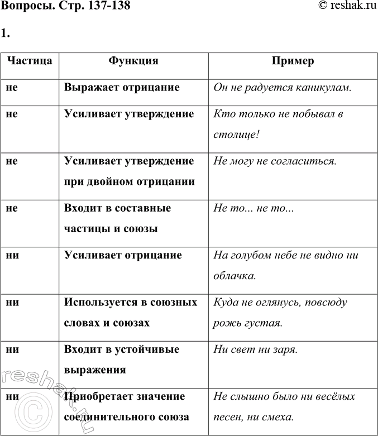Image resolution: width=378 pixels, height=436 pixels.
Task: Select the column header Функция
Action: pyautogui.click(x=133, y=61)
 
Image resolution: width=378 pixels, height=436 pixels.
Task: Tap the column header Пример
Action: pyautogui.click(x=292, y=61)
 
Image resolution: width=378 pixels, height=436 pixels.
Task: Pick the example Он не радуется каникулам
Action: pyautogui.click(x=282, y=88)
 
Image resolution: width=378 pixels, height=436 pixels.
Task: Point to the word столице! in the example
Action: pyautogui.click(x=237, y=135)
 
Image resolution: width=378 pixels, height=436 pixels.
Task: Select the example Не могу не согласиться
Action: pyautogui.click(x=275, y=161)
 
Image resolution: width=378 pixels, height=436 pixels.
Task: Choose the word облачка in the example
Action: pyautogui.click(x=235, y=276)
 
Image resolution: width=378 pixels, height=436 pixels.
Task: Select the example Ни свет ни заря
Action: pyautogui.click(x=255, y=349)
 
